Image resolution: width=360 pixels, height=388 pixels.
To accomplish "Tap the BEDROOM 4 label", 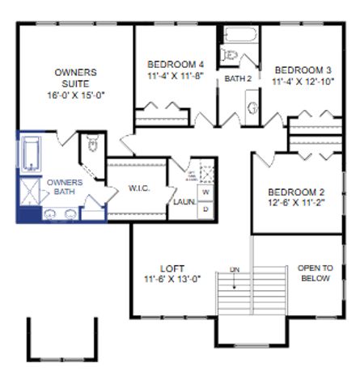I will (176, 65).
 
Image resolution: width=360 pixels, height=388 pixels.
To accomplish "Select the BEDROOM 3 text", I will (302, 70).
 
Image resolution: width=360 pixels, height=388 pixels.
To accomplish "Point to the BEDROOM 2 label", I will (296, 192).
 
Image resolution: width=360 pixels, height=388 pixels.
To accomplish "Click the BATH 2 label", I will (238, 78).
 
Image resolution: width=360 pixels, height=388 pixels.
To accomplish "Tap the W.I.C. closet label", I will (138, 189).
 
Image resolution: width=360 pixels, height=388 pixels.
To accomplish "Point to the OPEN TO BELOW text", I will (315, 273).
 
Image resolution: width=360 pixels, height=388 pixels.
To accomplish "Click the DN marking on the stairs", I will (235, 269).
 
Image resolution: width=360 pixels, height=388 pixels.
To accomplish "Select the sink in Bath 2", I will (252, 107).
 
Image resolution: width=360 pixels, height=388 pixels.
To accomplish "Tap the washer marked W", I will (205, 193).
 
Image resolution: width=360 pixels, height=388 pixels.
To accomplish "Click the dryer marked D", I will (205, 209).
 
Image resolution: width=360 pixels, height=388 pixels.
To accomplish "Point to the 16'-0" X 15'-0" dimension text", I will (76, 95).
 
